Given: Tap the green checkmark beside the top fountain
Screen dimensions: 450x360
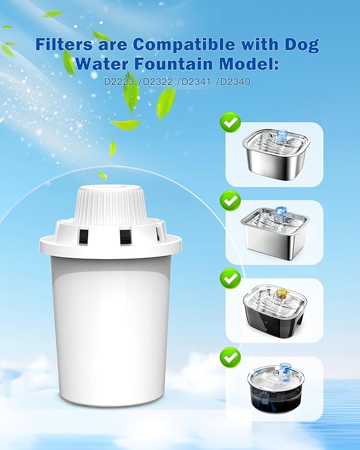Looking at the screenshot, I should (230, 123).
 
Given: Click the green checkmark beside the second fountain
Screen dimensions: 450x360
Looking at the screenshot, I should (230, 200).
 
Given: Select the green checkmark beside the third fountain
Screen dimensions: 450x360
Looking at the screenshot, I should (230, 277).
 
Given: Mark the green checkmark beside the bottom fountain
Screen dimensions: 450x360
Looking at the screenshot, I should (230, 357).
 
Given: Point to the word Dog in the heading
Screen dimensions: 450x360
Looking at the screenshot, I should (300, 44).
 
